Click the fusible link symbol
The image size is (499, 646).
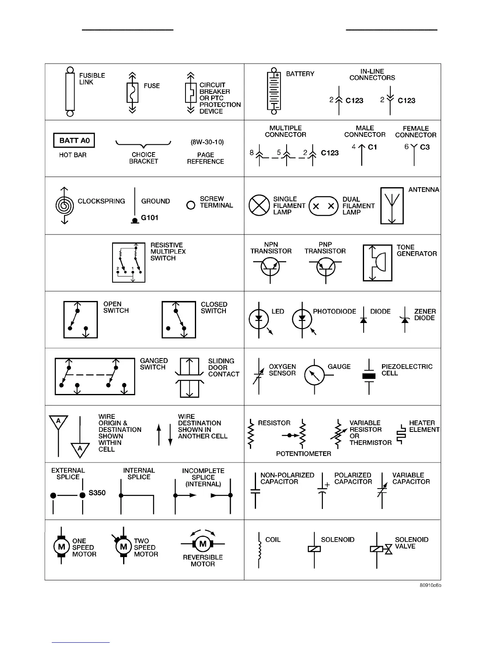tap(70, 92)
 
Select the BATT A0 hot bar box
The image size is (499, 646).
tap(74, 141)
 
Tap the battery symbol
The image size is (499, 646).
tap(274, 91)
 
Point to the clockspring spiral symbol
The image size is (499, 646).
tap(64, 206)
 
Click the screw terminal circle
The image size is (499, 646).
tap(190, 205)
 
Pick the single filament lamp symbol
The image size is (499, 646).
tap(259, 205)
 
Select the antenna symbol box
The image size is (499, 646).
tap(392, 206)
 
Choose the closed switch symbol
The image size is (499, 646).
tap(179, 319)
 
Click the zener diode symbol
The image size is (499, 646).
tap(405, 320)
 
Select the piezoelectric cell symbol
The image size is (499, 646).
tap(369, 376)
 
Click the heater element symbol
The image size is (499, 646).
tap(401, 434)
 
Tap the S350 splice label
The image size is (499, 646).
tap(97, 493)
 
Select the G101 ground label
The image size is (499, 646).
tap(150, 218)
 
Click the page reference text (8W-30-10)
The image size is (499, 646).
tap(207, 142)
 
